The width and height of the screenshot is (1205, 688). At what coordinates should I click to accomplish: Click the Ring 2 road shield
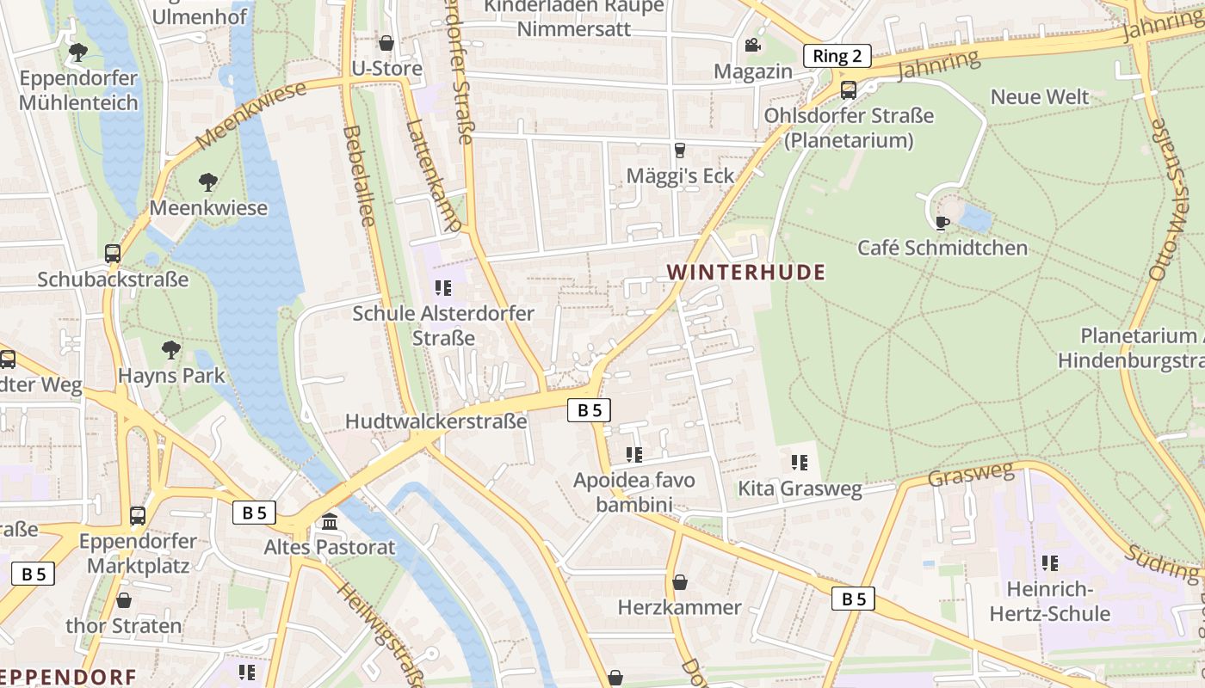tap(837, 57)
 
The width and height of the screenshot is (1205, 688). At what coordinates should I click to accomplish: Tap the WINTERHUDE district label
tap(745, 273)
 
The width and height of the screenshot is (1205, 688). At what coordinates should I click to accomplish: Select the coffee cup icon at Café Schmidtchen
tap(942, 223)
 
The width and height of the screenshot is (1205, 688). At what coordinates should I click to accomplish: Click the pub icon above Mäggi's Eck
tap(680, 150)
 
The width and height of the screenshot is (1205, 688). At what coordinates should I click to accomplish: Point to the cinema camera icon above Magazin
tap(752, 45)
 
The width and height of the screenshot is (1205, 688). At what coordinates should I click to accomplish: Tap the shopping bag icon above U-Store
tap(386, 43)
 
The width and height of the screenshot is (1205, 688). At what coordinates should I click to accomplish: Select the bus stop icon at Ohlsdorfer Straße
tap(848, 89)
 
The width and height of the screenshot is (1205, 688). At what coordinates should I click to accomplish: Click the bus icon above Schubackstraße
tap(113, 254)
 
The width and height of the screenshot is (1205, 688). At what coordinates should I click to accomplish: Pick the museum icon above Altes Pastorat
tap(329, 521)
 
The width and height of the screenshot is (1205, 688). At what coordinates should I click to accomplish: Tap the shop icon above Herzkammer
tap(679, 582)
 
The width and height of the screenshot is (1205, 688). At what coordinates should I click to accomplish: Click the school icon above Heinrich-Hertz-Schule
tap(1049, 563)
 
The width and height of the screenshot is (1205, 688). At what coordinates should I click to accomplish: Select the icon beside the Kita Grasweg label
tap(800, 464)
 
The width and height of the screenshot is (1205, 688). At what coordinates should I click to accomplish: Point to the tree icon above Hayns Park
tap(171, 349)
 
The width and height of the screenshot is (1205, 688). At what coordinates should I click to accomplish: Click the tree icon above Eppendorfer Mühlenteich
tap(78, 52)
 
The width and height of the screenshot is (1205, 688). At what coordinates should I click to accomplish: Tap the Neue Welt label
tap(1040, 96)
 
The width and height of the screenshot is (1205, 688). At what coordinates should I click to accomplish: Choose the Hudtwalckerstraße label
tap(436, 421)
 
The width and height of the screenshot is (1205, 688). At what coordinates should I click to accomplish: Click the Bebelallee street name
tap(359, 176)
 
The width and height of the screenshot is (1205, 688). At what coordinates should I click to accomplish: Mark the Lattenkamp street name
tap(433, 176)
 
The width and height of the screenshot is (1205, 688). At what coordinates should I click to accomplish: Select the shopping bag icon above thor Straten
tap(124, 600)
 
